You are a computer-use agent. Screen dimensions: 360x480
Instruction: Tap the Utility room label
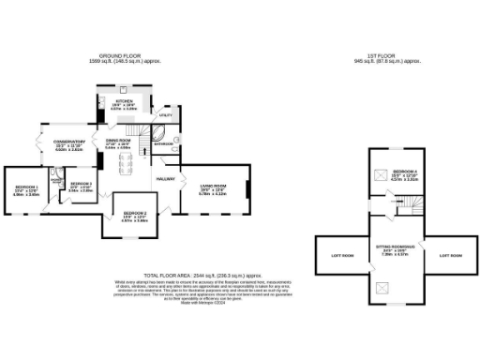[x=166, y=113]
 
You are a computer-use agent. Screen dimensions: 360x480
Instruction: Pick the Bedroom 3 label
[x=80, y=184]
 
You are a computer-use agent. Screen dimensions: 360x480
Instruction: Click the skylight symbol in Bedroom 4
[x=380, y=174]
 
